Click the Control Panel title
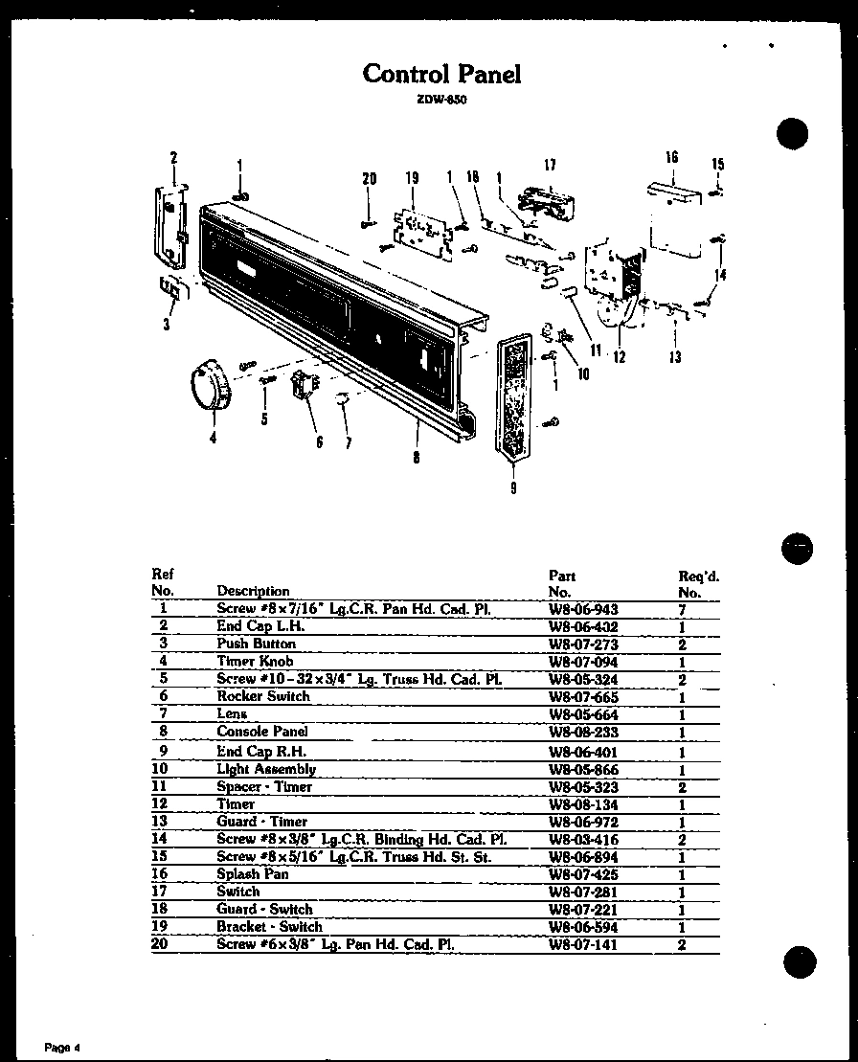pyautogui.click(x=441, y=74)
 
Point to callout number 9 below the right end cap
pyautogui.click(x=513, y=487)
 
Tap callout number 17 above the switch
pyautogui.click(x=550, y=165)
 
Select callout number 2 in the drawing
pyautogui.click(x=174, y=157)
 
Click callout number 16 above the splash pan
pyautogui.click(x=671, y=157)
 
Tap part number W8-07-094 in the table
pyautogui.click(x=583, y=662)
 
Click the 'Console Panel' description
pyautogui.click(x=262, y=732)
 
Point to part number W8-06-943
pyautogui.click(x=583, y=609)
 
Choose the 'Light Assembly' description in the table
pyautogui.click(x=266, y=769)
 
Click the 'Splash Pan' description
pyautogui.click(x=253, y=873)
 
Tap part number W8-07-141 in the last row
pyautogui.click(x=583, y=945)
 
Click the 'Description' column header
pyautogui.click(x=253, y=591)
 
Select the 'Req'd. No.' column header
pyautogui.click(x=698, y=584)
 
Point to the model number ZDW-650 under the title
pyautogui.click(x=441, y=100)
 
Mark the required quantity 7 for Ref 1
pyautogui.click(x=682, y=610)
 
